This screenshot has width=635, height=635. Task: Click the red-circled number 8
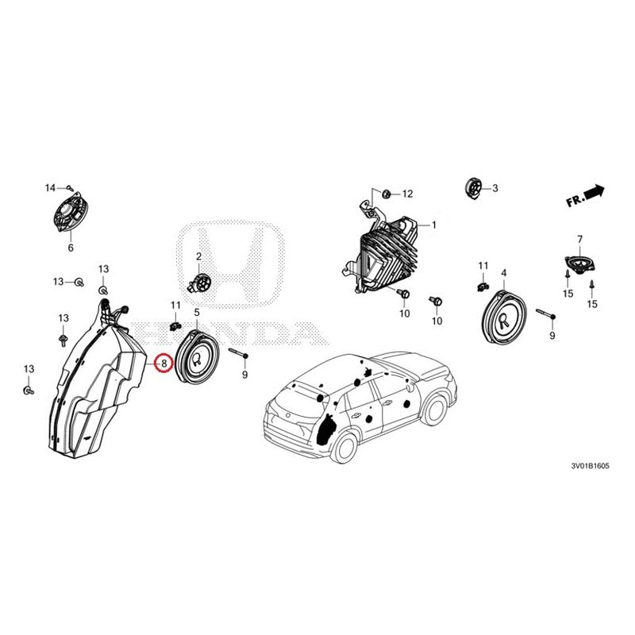[x=163, y=364]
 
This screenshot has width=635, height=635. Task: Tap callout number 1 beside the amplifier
[x=434, y=225]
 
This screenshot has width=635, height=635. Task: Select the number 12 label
[x=407, y=194]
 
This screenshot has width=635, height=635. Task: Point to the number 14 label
[x=50, y=188]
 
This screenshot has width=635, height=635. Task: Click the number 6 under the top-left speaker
[x=70, y=248]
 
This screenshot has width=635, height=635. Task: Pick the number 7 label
[x=579, y=239]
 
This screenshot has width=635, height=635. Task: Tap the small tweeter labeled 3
[x=473, y=188]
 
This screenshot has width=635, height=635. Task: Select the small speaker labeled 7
[x=578, y=265]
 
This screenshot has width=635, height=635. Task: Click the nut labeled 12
[x=385, y=193]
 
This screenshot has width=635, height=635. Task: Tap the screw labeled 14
[x=70, y=187]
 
